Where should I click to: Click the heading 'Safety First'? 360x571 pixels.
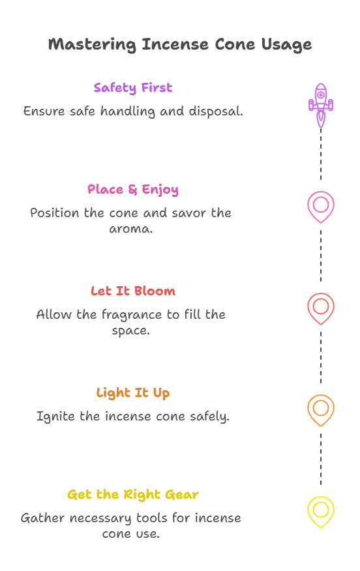tap(133, 88)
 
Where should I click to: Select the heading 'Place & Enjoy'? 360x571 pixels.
tap(133, 190)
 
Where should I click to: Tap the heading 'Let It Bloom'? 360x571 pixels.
tap(133, 291)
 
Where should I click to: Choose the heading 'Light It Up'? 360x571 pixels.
tap(133, 393)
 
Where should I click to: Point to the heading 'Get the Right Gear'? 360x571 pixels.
tap(133, 495)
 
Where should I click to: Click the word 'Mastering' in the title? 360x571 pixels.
tap(93, 45)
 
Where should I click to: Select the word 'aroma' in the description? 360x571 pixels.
tap(131, 229)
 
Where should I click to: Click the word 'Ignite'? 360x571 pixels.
tap(55, 417)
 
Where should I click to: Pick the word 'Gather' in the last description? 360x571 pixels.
tap(42, 518)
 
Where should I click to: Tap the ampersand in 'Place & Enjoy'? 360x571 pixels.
tap(132, 190)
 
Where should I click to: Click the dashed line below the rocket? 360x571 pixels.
tap(321, 154)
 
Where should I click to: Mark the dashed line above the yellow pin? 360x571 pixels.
tap(321, 459)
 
